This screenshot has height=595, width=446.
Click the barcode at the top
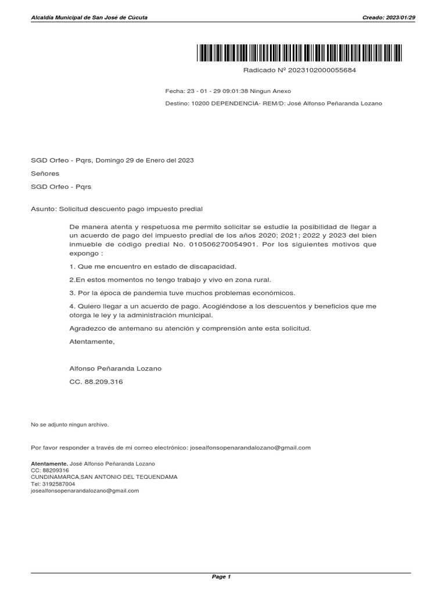299,53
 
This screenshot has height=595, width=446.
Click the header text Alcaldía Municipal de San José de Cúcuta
89,17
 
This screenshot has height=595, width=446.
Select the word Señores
45,173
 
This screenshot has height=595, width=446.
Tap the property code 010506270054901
222,245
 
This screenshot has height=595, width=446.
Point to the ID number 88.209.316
104,382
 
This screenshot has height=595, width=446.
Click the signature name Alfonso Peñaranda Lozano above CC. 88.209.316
116,368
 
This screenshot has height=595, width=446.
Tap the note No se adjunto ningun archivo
70,425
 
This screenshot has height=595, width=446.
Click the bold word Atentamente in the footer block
49,463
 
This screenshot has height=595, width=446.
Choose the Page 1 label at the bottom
222,577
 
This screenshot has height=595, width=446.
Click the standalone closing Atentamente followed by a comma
92,342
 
